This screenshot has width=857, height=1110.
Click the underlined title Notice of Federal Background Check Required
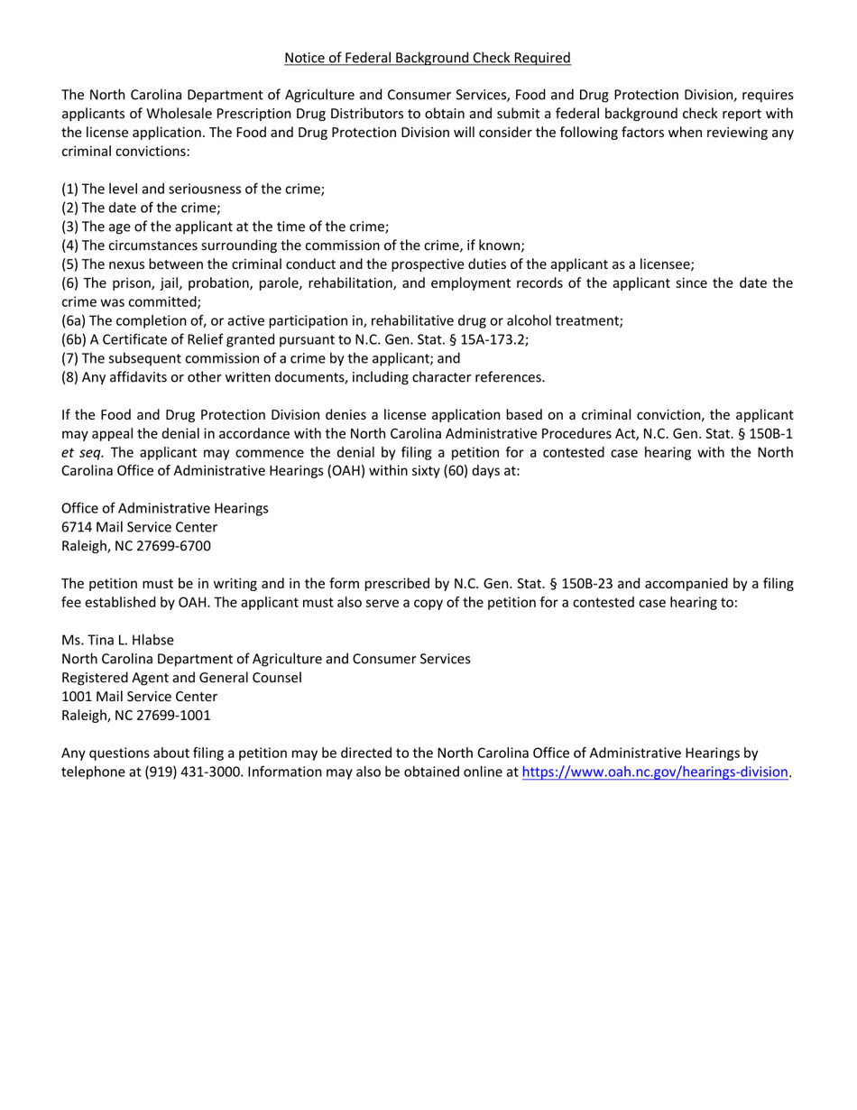[428, 58]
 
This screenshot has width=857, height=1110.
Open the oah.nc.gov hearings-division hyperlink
[655, 772]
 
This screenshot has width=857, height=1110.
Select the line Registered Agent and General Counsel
[181, 677]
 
